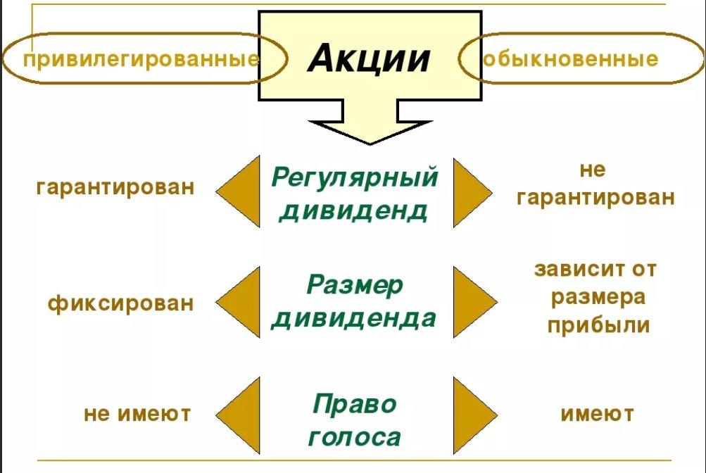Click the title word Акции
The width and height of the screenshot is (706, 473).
pyautogui.click(x=369, y=58)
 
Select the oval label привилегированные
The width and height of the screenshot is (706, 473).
pyautogui.click(x=141, y=59)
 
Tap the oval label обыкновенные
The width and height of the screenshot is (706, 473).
pyautogui.click(x=570, y=58)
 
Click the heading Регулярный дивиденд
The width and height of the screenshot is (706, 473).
pyautogui.click(x=354, y=193)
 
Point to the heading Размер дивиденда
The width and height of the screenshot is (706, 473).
pyautogui.click(x=354, y=302)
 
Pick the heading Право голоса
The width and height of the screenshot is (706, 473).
pyautogui.click(x=354, y=420)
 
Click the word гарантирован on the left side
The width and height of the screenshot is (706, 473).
pyautogui.click(x=115, y=188)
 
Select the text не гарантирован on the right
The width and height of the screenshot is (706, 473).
pyautogui.click(x=595, y=184)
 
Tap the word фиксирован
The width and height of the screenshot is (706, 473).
pyautogui.click(x=120, y=303)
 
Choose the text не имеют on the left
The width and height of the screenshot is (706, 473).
pyautogui.click(x=137, y=414)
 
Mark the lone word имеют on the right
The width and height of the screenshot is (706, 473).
pyautogui.click(x=597, y=414)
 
